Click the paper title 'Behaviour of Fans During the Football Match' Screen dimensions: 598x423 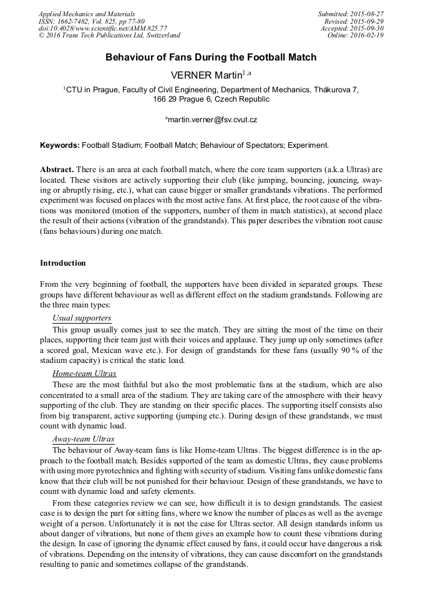(x=211, y=57)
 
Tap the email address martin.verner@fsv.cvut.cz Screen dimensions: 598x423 (x=212, y=119)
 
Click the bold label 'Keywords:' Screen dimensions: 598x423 (x=60, y=145)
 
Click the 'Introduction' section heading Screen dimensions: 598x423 (x=63, y=263)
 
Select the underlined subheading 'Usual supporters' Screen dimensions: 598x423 (x=82, y=318)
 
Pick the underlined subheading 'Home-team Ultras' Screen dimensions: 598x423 (x=84, y=374)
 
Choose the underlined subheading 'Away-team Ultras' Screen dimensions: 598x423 (x=83, y=439)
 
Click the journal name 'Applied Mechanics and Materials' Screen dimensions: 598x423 (x=87, y=14)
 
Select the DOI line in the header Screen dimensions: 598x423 (x=102, y=29)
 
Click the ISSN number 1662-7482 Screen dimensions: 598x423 (x=79, y=21)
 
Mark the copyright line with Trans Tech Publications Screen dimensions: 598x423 (x=109, y=36)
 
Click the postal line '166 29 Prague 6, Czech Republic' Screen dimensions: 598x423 (x=211, y=99)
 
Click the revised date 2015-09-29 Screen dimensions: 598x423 (x=367, y=21)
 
